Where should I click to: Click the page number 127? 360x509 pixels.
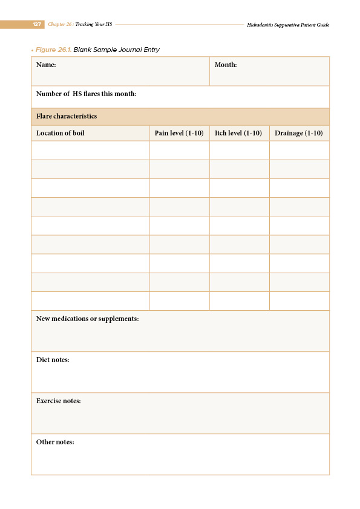coord(37,25)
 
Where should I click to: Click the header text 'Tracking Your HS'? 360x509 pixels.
coord(94,25)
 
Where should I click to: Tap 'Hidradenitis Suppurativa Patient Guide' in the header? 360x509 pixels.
coord(288,25)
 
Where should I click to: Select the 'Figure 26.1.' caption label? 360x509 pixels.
coord(53,50)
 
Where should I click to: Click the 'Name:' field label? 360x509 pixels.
coord(46,65)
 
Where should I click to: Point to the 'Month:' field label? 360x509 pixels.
coord(226,65)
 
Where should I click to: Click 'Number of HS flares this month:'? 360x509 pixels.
coord(86,94)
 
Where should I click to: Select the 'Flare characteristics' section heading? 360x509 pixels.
coord(67,116)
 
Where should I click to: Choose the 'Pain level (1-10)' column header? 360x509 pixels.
coord(179,133)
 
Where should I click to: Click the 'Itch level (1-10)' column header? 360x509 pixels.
coord(238,133)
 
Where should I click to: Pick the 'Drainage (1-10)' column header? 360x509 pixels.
coord(299,133)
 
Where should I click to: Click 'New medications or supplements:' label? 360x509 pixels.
coord(88,319)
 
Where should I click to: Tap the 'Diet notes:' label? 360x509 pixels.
coord(53,360)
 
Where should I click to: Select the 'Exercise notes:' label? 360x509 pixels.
coord(59,401)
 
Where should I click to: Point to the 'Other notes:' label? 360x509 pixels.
coord(55,442)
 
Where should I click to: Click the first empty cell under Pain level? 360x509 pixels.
coord(179,151)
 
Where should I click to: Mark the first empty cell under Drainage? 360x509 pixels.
coord(299,151)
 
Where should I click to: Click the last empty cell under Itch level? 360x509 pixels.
coord(239,301)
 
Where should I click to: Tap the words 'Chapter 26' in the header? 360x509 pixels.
coord(60,25)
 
